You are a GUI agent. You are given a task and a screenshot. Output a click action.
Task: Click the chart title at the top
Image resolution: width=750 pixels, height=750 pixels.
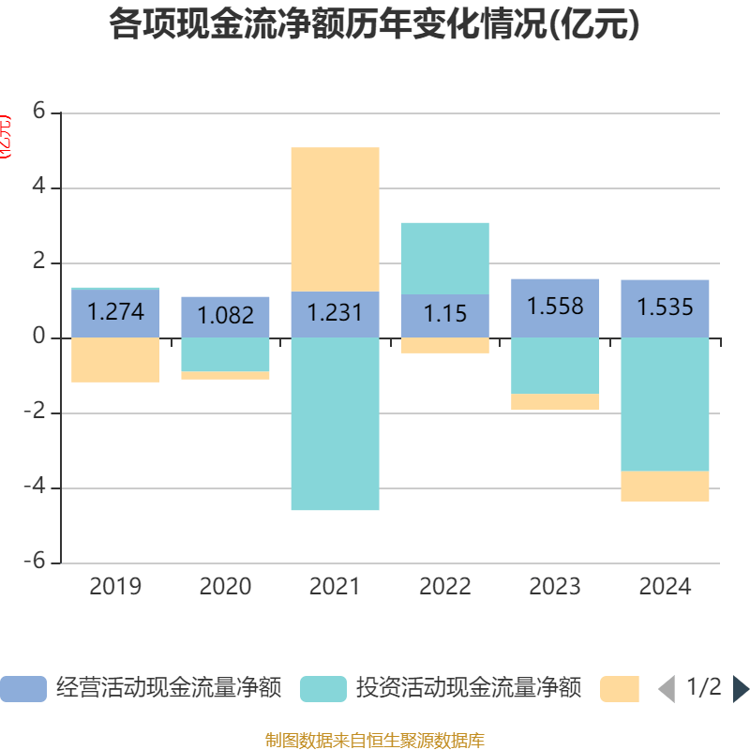pos(374,25)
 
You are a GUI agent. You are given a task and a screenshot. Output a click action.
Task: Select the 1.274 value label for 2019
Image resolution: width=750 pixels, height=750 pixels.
pos(116,311)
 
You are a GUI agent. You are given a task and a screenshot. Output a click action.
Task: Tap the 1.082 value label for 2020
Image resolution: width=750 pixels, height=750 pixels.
pos(226,315)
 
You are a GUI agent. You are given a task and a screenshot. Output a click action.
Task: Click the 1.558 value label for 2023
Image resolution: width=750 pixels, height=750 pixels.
pos(555,307)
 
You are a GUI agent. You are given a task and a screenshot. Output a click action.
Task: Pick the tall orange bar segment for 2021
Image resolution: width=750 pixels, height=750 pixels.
pos(335,219)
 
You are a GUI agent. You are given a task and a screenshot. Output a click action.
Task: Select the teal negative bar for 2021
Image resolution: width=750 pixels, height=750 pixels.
pos(335,424)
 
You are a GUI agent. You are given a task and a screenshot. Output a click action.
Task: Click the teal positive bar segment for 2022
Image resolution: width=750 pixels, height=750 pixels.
pos(445,259)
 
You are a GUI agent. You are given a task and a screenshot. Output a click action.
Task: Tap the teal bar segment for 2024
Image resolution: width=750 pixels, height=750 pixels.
pos(665,404)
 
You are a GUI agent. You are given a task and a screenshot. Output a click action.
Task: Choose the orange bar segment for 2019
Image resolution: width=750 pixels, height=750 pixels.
pos(116,359)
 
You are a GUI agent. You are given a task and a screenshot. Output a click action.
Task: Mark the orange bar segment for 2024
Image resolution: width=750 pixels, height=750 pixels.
pos(665,486)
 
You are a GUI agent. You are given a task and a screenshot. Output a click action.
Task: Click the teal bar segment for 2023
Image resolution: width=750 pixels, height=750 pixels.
pos(555,366)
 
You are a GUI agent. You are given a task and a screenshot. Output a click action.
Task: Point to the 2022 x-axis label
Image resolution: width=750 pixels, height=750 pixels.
pos(445,587)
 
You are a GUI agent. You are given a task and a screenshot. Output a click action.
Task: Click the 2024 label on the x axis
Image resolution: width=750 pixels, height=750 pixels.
pos(665,587)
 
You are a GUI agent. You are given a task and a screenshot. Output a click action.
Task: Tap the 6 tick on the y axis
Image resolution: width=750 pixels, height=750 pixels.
pos(38,112)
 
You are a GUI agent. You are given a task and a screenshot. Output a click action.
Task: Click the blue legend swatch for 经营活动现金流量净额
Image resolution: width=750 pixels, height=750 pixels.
pos(23,689)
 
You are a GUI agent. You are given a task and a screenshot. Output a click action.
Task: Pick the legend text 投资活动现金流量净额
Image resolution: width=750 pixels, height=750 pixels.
pos(469,689)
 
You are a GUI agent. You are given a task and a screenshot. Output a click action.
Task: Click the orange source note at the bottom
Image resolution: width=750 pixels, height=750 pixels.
pos(374,741)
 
